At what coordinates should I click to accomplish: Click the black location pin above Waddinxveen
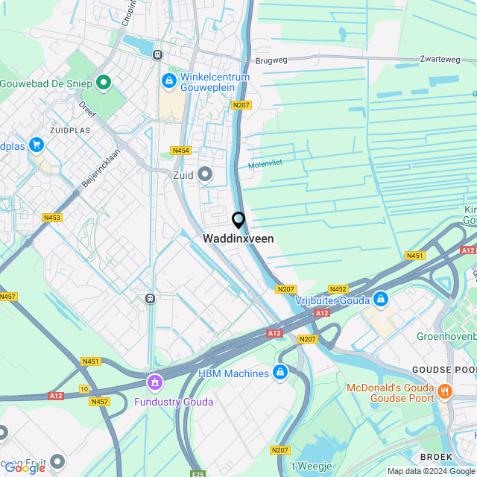point(238,220)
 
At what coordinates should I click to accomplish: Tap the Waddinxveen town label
point(238,239)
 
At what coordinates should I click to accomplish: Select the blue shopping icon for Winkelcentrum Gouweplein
point(169,80)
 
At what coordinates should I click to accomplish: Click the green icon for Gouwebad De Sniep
point(104,81)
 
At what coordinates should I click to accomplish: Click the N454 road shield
point(180,151)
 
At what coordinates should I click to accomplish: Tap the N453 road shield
point(51,218)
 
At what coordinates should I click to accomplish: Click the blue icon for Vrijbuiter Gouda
point(381,299)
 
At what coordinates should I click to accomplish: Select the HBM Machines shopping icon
point(280,372)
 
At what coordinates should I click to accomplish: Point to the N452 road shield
point(338,289)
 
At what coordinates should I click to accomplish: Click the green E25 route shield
point(198,473)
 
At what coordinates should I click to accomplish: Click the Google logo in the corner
point(25,467)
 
